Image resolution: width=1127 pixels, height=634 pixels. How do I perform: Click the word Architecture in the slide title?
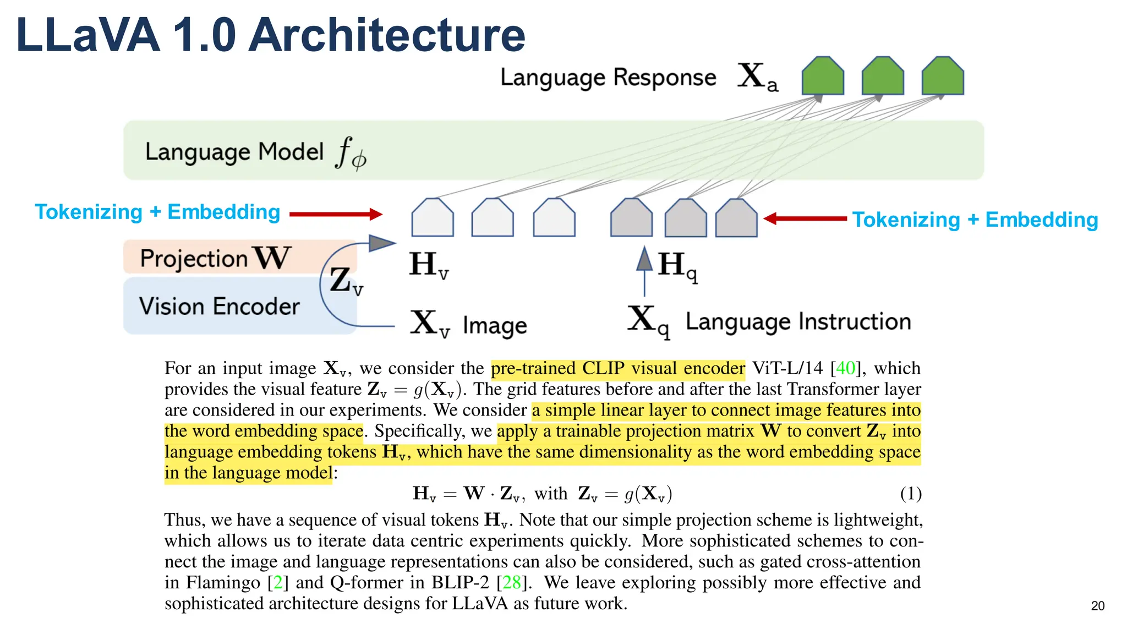pos(388,35)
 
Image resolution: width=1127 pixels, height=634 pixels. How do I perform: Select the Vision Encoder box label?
pos(219,307)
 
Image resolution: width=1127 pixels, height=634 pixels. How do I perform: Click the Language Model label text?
pos(234,152)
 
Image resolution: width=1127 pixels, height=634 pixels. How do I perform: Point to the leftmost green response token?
pos(823,76)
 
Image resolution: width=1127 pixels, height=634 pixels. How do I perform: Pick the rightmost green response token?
pos(943,76)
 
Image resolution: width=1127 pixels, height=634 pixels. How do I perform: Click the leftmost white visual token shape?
pos(433,218)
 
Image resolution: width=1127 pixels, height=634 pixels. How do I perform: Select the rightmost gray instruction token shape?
pos(736,218)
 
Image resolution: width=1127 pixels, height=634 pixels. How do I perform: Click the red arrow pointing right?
pos(336,214)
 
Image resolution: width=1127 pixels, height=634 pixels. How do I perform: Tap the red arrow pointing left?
pos(805,218)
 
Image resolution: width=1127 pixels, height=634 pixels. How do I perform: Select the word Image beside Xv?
pos(495,325)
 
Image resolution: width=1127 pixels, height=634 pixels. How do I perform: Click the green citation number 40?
pos(846,368)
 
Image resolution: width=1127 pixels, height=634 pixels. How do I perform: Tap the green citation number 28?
pos(512,582)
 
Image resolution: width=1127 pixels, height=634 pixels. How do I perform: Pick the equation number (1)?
pos(911,493)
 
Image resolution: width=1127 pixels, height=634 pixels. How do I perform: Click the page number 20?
pos(1097,606)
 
